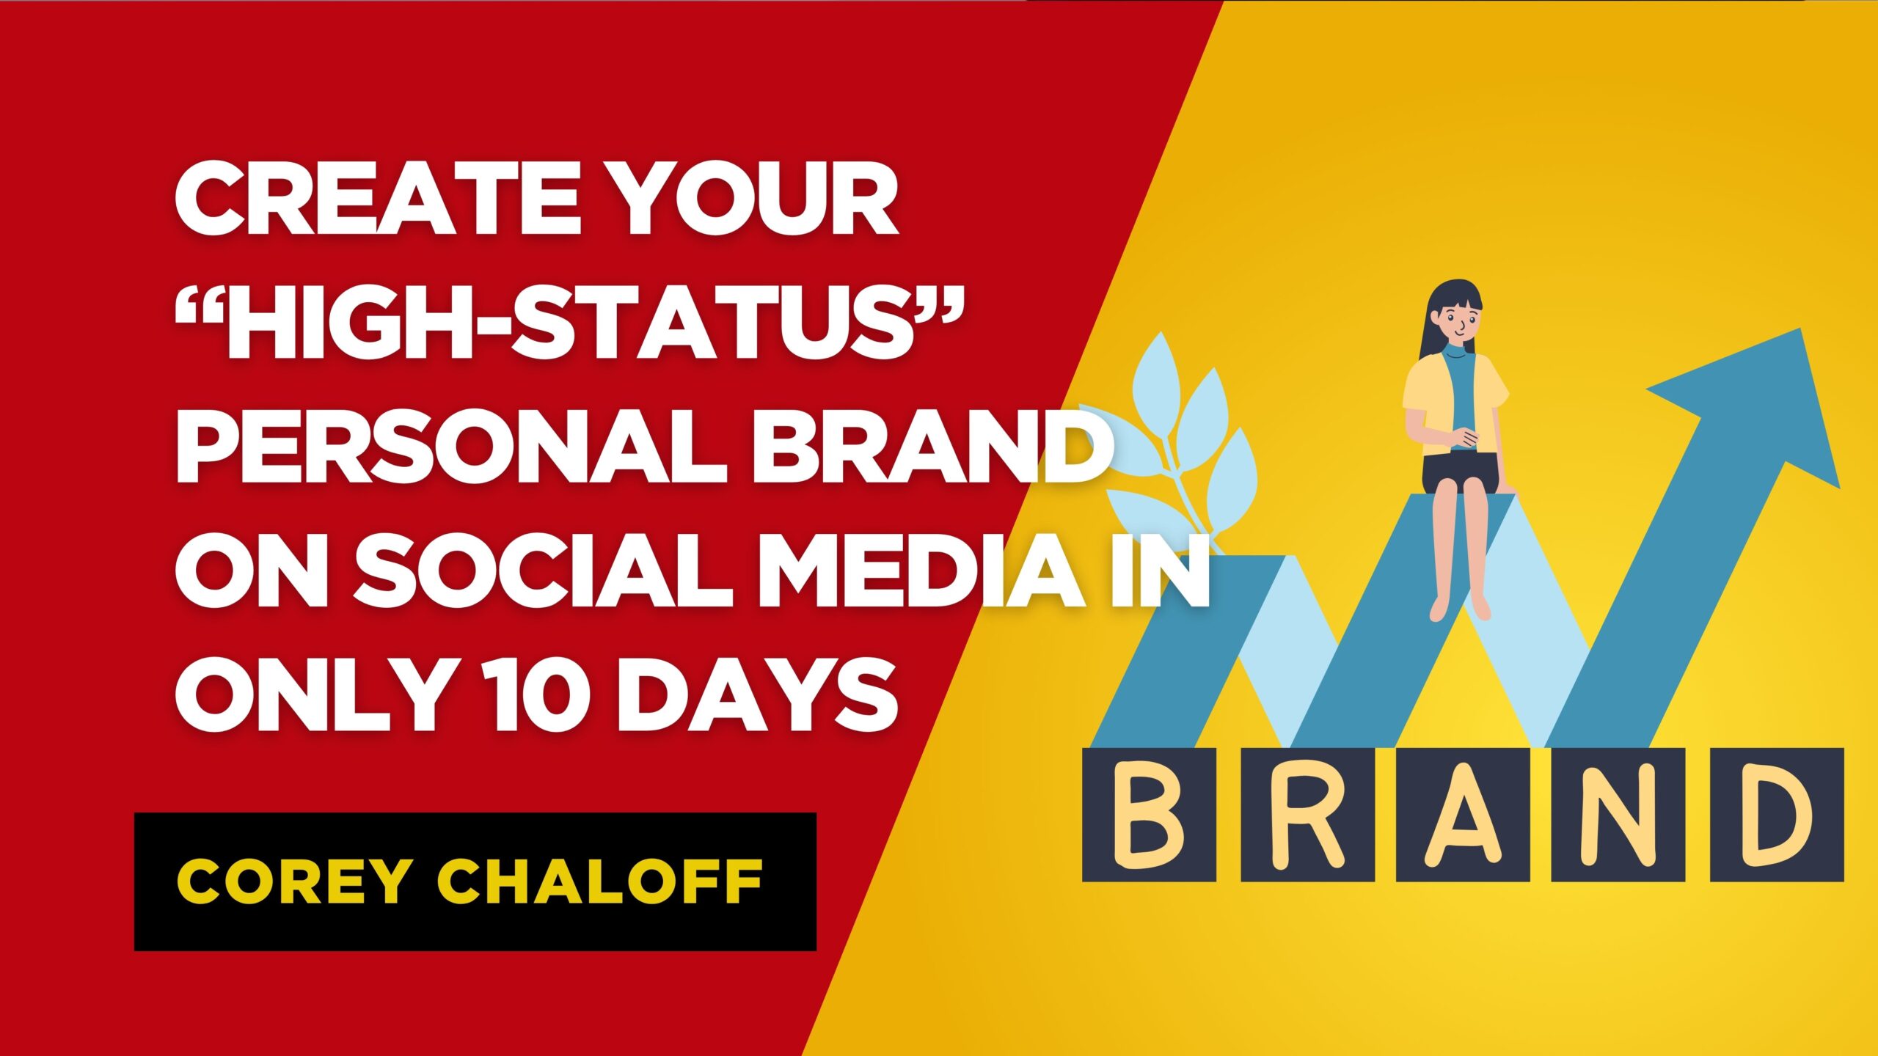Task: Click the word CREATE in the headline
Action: click(x=379, y=199)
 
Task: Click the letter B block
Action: click(x=1150, y=815)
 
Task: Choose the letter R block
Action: click(x=1308, y=815)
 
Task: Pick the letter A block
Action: click(x=1463, y=815)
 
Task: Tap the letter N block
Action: click(x=1618, y=815)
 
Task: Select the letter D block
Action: click(x=1777, y=815)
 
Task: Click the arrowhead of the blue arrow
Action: click(x=1761, y=411)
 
